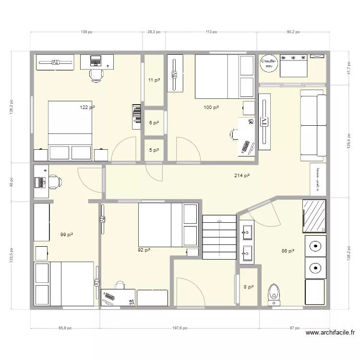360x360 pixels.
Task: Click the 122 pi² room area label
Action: coord(87,108)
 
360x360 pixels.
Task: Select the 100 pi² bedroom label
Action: coord(211,108)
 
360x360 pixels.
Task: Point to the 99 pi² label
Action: coord(66,235)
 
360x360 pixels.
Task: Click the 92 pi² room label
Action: coord(144,250)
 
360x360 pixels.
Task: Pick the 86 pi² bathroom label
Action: coord(288,251)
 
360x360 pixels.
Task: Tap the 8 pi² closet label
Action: coord(249,288)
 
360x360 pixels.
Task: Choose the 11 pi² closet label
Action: coord(154,81)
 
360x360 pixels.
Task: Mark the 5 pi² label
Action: coord(154,150)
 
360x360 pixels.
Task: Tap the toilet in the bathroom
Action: coord(274,293)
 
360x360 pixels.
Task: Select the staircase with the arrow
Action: coord(219,238)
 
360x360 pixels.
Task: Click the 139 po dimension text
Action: coord(86,32)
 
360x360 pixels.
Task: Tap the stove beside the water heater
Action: coord(293,65)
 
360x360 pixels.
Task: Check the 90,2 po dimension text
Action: coord(293,32)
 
